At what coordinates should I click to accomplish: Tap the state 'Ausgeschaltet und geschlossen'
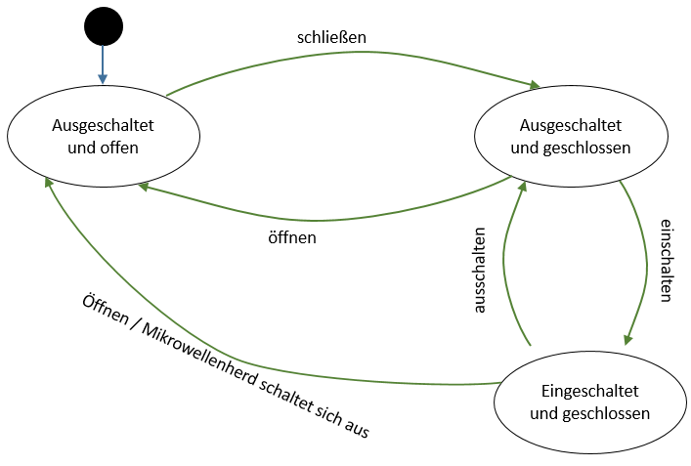570,138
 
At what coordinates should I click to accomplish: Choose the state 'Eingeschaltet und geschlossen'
589,402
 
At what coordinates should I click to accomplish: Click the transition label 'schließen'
331,38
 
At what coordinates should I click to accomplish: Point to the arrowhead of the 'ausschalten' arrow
522,186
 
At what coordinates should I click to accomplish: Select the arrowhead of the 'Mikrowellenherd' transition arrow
48,183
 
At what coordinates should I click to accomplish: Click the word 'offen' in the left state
118,148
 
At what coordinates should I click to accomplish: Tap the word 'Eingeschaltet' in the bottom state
589,391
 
